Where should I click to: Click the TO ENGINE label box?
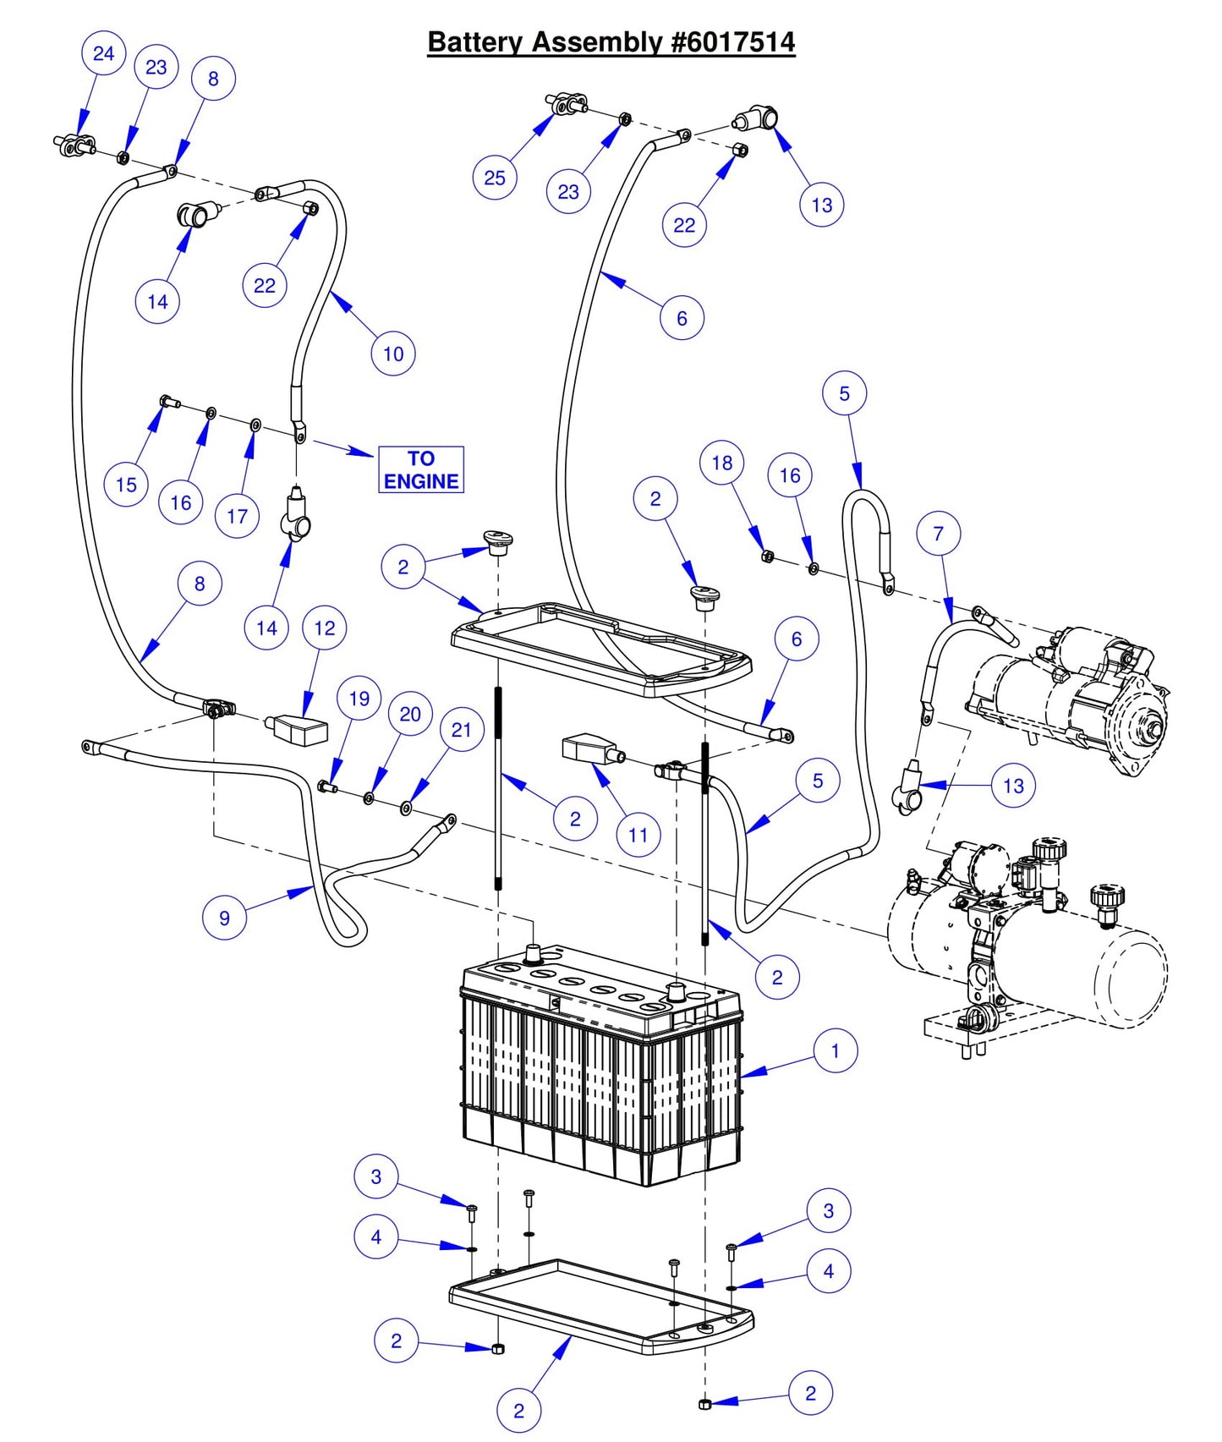tap(420, 469)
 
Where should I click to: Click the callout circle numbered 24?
tap(103, 53)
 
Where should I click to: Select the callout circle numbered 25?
tap(495, 178)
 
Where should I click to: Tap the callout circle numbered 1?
tap(836, 1050)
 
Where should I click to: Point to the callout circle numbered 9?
tap(224, 918)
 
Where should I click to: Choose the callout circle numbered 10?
tap(393, 354)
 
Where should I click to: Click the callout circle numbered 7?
tap(938, 534)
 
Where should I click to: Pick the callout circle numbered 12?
tap(325, 628)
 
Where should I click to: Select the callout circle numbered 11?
tap(638, 835)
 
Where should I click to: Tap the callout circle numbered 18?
tap(721, 463)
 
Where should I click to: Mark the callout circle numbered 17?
tap(237, 516)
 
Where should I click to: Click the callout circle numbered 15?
tap(126, 485)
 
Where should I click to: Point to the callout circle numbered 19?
tap(359, 698)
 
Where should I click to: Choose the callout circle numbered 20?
tap(410, 714)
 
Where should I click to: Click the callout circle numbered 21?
tap(461, 729)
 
